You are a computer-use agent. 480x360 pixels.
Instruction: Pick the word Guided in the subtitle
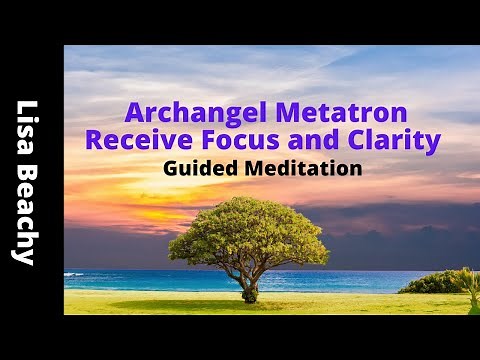coord(196,169)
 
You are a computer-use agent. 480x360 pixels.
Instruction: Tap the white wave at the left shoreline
coord(74,274)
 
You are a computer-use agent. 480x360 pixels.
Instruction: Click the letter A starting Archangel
coord(131,112)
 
